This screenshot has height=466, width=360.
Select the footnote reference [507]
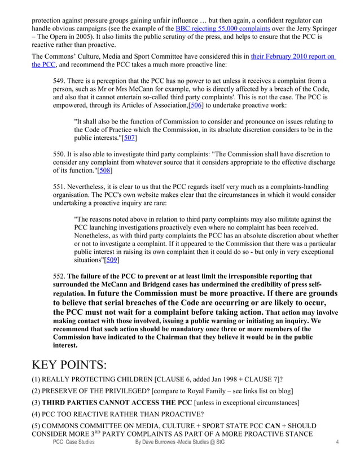click(130, 138)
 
